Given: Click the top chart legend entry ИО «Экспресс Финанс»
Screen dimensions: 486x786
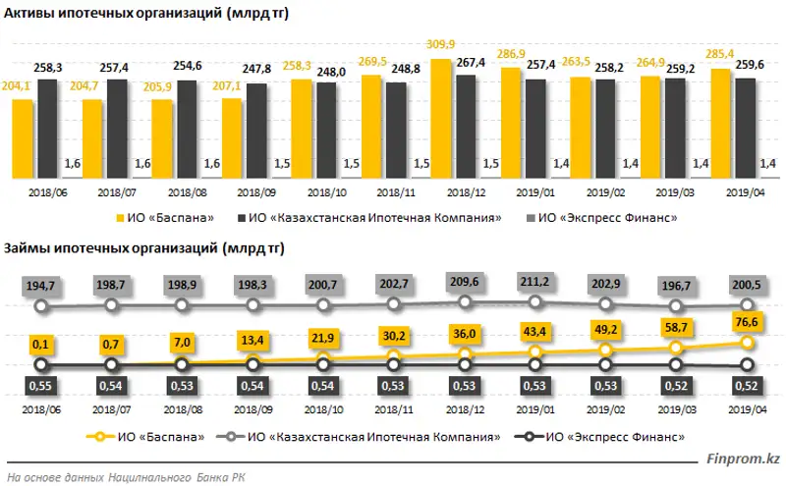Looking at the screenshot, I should click(x=618, y=216).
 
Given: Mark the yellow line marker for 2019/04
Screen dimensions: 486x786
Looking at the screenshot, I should click(x=747, y=343).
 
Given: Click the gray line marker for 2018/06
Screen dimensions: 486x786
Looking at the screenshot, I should click(x=40, y=306).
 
